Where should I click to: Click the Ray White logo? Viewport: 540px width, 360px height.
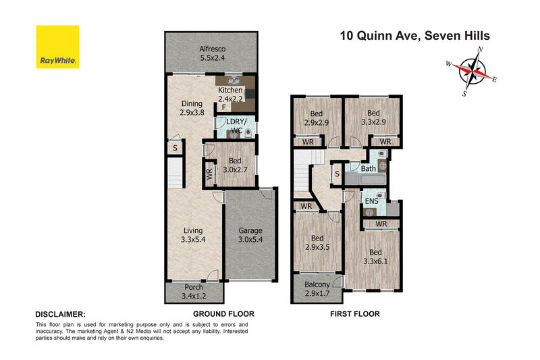click(57, 47)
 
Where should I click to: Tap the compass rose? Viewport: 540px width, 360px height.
click(472, 72)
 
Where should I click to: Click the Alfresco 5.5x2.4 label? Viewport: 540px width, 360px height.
click(213, 53)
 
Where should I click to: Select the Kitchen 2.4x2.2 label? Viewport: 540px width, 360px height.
click(230, 94)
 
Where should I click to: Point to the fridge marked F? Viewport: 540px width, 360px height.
click(224, 107)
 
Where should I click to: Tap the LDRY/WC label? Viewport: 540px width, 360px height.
click(236, 126)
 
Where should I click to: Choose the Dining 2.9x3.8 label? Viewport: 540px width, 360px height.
click(192, 108)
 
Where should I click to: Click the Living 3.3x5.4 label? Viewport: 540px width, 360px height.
click(193, 235)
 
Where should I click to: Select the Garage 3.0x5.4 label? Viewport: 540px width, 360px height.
click(250, 235)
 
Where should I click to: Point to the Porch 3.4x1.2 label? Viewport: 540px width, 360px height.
click(194, 292)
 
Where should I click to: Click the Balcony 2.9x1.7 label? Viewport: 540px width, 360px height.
click(317, 289)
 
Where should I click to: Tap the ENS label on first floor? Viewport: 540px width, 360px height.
click(371, 201)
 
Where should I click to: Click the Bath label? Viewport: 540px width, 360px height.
click(368, 169)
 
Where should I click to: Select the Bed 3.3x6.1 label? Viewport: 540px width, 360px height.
click(375, 257)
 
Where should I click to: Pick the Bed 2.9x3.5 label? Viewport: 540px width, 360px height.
click(317, 242)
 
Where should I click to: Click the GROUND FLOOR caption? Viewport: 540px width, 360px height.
click(223, 314)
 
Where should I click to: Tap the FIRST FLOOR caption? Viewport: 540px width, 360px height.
click(355, 314)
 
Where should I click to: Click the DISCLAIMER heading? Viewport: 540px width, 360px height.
click(60, 314)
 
